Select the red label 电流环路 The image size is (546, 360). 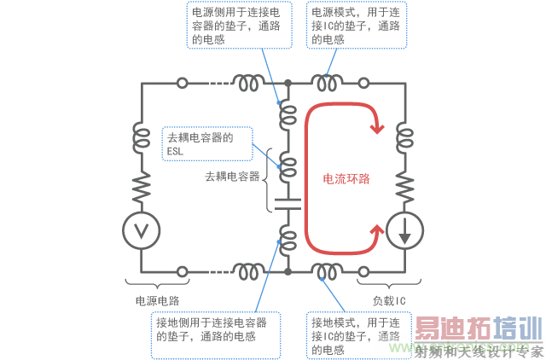click(x=346, y=178)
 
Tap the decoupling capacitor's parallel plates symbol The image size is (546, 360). click(x=288, y=205)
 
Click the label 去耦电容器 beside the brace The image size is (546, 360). click(x=232, y=177)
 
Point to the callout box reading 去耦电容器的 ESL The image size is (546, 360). click(x=207, y=144)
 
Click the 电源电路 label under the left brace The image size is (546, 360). click(x=158, y=301)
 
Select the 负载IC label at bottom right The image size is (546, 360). click(x=389, y=301)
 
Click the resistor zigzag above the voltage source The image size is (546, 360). click(x=142, y=188)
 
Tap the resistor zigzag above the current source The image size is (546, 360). click(x=405, y=188)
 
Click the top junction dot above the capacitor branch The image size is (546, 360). click(x=288, y=84)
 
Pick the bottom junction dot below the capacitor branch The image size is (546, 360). click(x=288, y=271)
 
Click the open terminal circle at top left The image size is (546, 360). click(x=183, y=84)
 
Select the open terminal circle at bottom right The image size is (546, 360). click(x=363, y=271)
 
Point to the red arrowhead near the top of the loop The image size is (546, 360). click(x=377, y=128)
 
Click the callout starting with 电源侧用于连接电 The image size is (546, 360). click(x=239, y=25)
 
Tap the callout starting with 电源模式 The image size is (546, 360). click(x=357, y=25)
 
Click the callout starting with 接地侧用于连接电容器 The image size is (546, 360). click(x=216, y=335)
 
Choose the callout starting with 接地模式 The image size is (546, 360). click(x=358, y=335)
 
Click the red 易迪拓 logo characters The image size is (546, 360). click(x=453, y=328)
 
